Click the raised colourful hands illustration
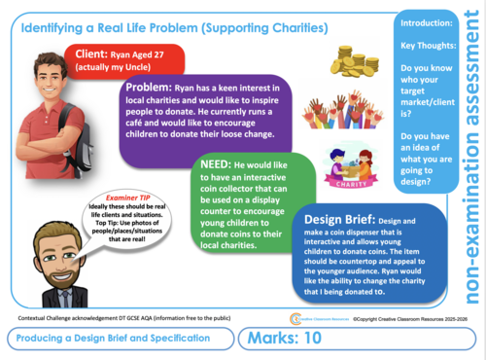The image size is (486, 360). pyautogui.click(x=354, y=112)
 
